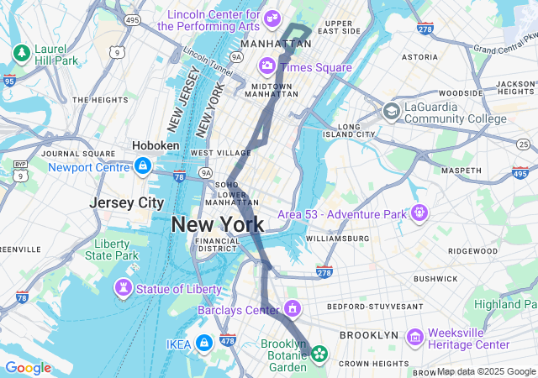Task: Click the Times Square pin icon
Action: click(266, 65)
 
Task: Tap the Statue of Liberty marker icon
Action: click(124, 288)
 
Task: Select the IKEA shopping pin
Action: click(203, 343)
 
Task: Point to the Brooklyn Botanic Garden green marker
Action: click(319, 354)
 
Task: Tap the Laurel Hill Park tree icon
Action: click(21, 53)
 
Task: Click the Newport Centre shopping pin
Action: click(142, 166)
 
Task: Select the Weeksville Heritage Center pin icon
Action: click(414, 337)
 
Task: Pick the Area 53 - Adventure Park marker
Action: click(419, 213)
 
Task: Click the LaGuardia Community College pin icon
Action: click(391, 111)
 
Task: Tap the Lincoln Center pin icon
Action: click(272, 18)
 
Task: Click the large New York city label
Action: click(218, 224)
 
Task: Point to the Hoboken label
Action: click(156, 145)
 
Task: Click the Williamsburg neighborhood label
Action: click(337, 239)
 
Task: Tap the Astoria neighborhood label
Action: click(419, 57)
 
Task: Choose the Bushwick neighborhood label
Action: click(435, 278)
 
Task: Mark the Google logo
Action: click(28, 368)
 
